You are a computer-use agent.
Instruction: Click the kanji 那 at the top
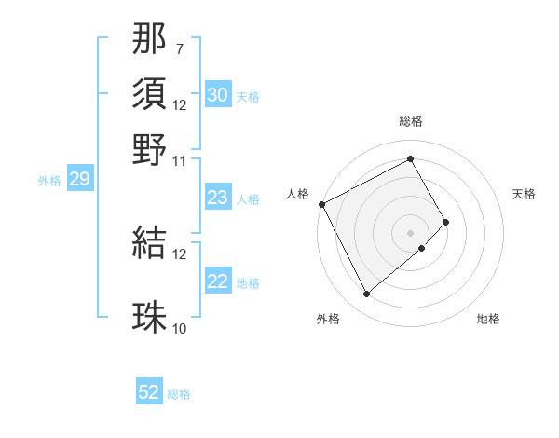click(149, 42)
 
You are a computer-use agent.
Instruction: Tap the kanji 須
click(149, 95)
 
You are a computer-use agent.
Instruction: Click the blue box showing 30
click(218, 95)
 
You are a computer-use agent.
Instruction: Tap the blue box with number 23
click(218, 198)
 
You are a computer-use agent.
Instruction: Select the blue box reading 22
click(218, 281)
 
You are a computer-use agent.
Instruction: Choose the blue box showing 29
click(79, 180)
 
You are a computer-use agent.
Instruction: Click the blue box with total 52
click(149, 392)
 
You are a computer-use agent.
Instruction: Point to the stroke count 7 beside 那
click(180, 48)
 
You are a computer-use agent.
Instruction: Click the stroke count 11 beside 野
click(180, 160)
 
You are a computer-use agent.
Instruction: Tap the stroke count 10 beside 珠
click(180, 328)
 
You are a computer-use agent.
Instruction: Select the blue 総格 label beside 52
click(179, 394)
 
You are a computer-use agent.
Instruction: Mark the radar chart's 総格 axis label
click(410, 121)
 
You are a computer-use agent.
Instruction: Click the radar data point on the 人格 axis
click(321, 204)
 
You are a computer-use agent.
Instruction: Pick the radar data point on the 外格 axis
click(366, 294)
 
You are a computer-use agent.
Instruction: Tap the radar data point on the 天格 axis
click(446, 222)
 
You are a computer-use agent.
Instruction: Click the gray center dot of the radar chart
click(410, 232)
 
